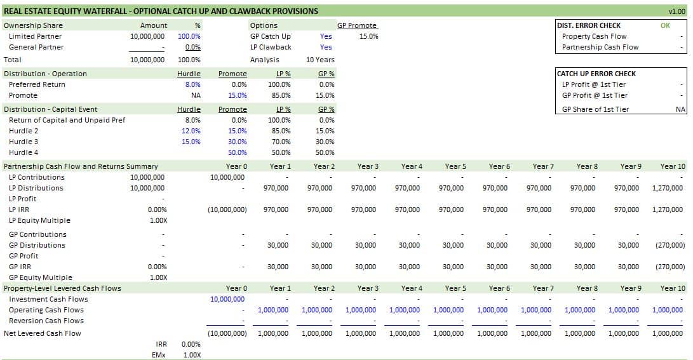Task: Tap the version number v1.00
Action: (676, 11)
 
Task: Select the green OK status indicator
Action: (665, 26)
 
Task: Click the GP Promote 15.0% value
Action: (368, 36)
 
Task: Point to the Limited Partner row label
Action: (35, 36)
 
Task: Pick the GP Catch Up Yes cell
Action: (326, 36)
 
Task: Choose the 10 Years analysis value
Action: (320, 60)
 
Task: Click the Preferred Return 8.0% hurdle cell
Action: (192, 84)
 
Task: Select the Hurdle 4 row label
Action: (24, 152)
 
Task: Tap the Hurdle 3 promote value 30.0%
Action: (237, 142)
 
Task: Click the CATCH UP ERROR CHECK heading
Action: (596, 74)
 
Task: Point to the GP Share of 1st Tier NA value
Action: (681, 109)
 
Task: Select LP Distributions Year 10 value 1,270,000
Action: (668, 188)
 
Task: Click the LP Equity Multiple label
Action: (39, 220)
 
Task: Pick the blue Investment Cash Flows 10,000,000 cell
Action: (227, 299)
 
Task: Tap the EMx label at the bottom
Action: (158, 355)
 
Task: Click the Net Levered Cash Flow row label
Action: (43, 333)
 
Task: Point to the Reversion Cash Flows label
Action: (46, 321)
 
